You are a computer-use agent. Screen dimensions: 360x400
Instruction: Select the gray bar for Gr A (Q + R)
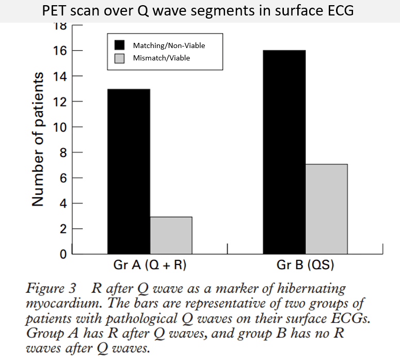pyautogui.click(x=171, y=236)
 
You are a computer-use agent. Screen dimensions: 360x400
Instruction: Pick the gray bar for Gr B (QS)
pyautogui.click(x=327, y=209)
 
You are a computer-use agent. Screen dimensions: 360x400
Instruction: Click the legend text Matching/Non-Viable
pyautogui.click(x=168, y=45)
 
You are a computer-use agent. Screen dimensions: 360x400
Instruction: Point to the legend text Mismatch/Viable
pyautogui.click(x=161, y=58)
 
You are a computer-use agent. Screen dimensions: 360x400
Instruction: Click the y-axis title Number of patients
pyautogui.click(x=38, y=139)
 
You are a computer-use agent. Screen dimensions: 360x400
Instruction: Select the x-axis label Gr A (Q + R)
pyautogui.click(x=150, y=267)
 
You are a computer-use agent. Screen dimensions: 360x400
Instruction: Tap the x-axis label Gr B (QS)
pyautogui.click(x=306, y=267)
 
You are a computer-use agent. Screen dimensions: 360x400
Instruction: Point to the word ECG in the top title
pyautogui.click(x=339, y=10)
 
